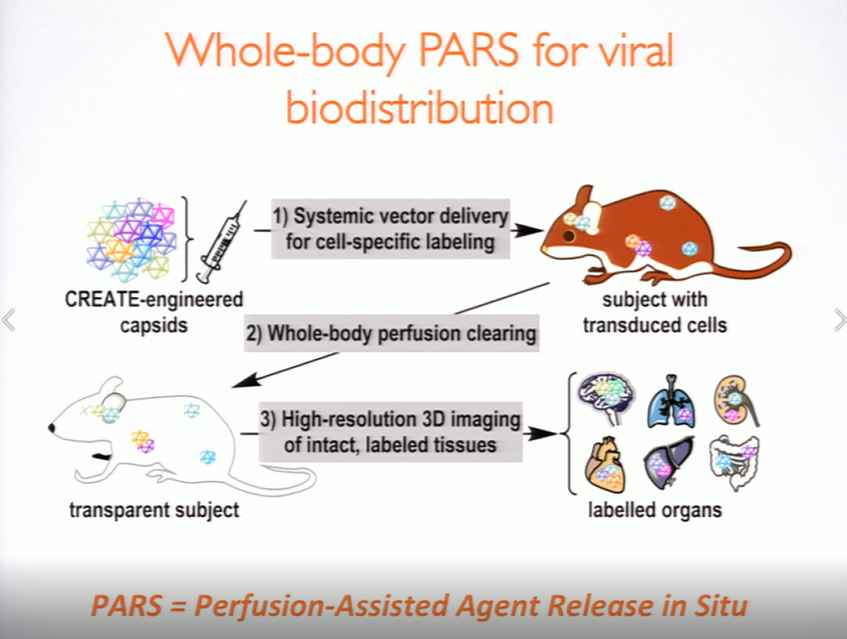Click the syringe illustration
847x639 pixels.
pyautogui.click(x=221, y=242)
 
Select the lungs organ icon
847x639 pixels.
pyautogui.click(x=672, y=401)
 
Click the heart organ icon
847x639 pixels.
pyautogui.click(x=606, y=465)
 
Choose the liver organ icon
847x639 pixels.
pyautogui.click(x=669, y=463)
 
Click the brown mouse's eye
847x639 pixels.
pyautogui.click(x=569, y=236)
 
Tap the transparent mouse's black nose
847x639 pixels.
pyautogui.click(x=52, y=428)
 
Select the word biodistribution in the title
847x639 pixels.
pyautogui.click(x=420, y=106)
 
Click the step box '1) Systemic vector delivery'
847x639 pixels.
pyautogui.click(x=390, y=229)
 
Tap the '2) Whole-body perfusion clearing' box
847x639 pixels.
pyautogui.click(x=392, y=333)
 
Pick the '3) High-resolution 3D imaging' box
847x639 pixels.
pyautogui.click(x=391, y=432)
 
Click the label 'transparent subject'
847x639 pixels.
pyautogui.click(x=154, y=510)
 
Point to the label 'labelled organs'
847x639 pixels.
pyautogui.click(x=655, y=510)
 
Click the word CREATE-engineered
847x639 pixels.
pyautogui.click(x=154, y=300)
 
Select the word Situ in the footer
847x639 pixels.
pyautogui.click(x=722, y=605)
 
